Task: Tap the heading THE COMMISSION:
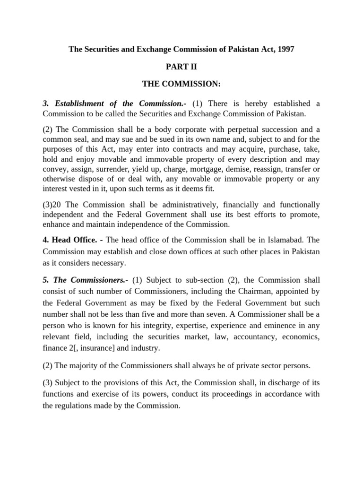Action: [x=181, y=84]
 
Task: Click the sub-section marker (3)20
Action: [x=53, y=205]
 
